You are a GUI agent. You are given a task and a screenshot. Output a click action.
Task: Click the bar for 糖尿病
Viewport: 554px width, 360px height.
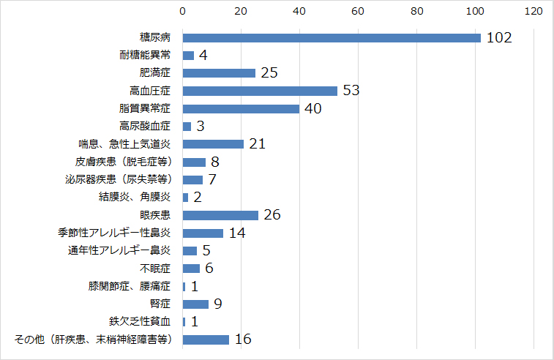(331, 37)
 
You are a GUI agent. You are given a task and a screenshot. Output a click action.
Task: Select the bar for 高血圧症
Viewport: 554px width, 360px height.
(260, 91)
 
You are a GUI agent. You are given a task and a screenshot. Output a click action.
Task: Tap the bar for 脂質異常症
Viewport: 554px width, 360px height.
(241, 108)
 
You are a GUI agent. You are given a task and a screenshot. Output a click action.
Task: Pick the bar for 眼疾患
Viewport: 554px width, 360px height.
(220, 215)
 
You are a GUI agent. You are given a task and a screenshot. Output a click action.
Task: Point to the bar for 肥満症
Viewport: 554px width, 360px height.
(219, 73)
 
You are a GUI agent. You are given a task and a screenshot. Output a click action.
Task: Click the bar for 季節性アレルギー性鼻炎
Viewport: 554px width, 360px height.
(203, 233)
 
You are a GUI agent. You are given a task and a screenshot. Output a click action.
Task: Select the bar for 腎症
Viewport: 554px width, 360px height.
(195, 304)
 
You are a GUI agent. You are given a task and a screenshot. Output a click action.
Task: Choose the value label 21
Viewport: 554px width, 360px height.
(256, 144)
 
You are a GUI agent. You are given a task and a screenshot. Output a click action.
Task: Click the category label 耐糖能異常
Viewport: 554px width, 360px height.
(145, 56)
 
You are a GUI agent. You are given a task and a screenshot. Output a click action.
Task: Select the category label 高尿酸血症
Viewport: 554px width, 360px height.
(145, 127)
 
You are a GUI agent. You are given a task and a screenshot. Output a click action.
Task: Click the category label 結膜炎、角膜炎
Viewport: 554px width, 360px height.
(135, 198)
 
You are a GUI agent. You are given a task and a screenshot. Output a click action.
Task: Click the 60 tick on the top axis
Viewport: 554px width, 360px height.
(358, 12)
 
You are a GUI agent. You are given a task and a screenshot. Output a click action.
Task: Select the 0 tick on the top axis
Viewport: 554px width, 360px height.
(182, 12)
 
